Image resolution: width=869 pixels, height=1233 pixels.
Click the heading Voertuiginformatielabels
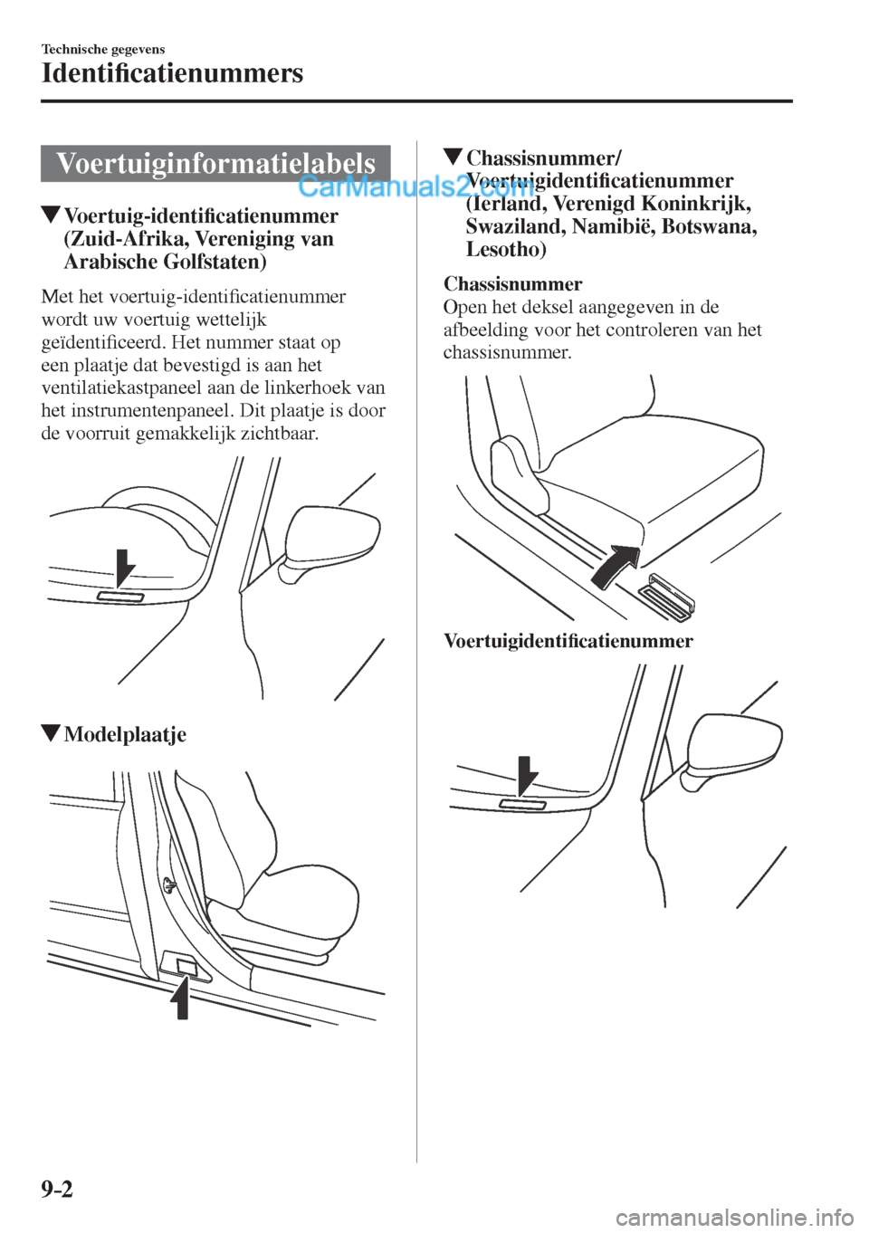point(215,164)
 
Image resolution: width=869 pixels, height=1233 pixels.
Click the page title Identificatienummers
point(172,73)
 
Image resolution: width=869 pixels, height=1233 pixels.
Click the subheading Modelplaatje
point(125,734)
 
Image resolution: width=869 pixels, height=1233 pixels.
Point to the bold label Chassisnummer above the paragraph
point(512,284)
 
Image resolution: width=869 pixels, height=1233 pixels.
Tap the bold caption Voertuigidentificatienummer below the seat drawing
point(568,642)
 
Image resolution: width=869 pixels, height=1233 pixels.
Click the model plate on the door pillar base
point(186,967)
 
